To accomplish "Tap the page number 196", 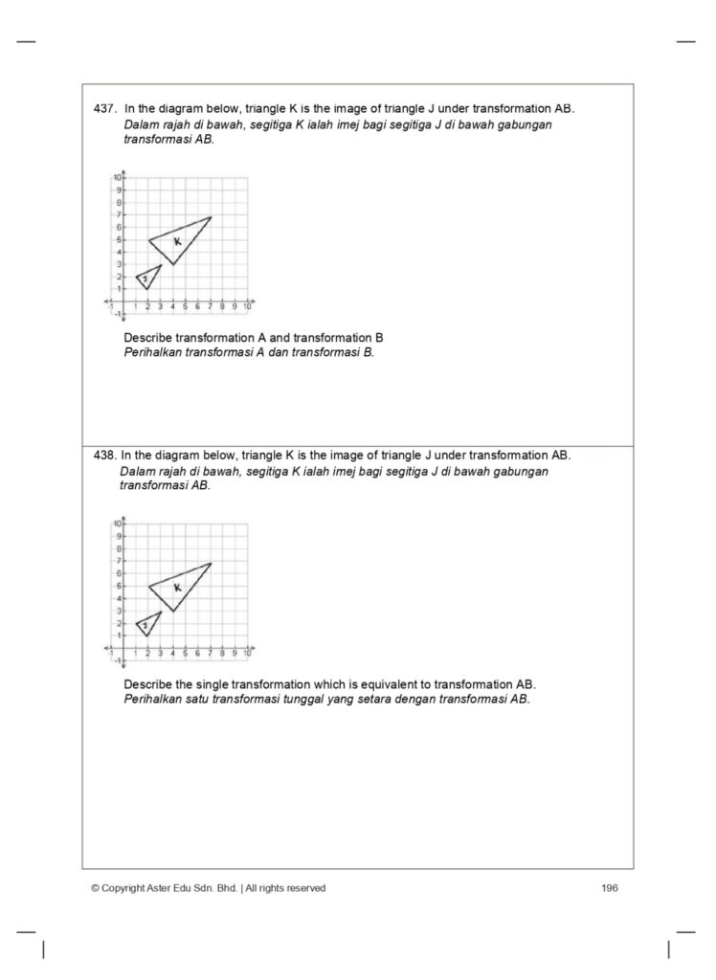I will click(610, 888).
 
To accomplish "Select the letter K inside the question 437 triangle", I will click(177, 241).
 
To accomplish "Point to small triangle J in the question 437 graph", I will click(146, 278).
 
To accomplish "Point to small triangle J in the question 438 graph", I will click(146, 624).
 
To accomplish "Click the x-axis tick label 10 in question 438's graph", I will click(247, 654).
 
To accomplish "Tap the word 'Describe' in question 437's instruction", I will click(148, 338).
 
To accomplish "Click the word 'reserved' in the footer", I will click(304, 888).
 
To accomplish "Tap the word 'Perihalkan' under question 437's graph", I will click(152, 351).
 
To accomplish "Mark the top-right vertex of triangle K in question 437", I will click(211, 217).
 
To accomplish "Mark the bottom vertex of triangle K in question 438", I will click(173, 611).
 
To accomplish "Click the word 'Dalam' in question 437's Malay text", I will click(142, 124).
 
